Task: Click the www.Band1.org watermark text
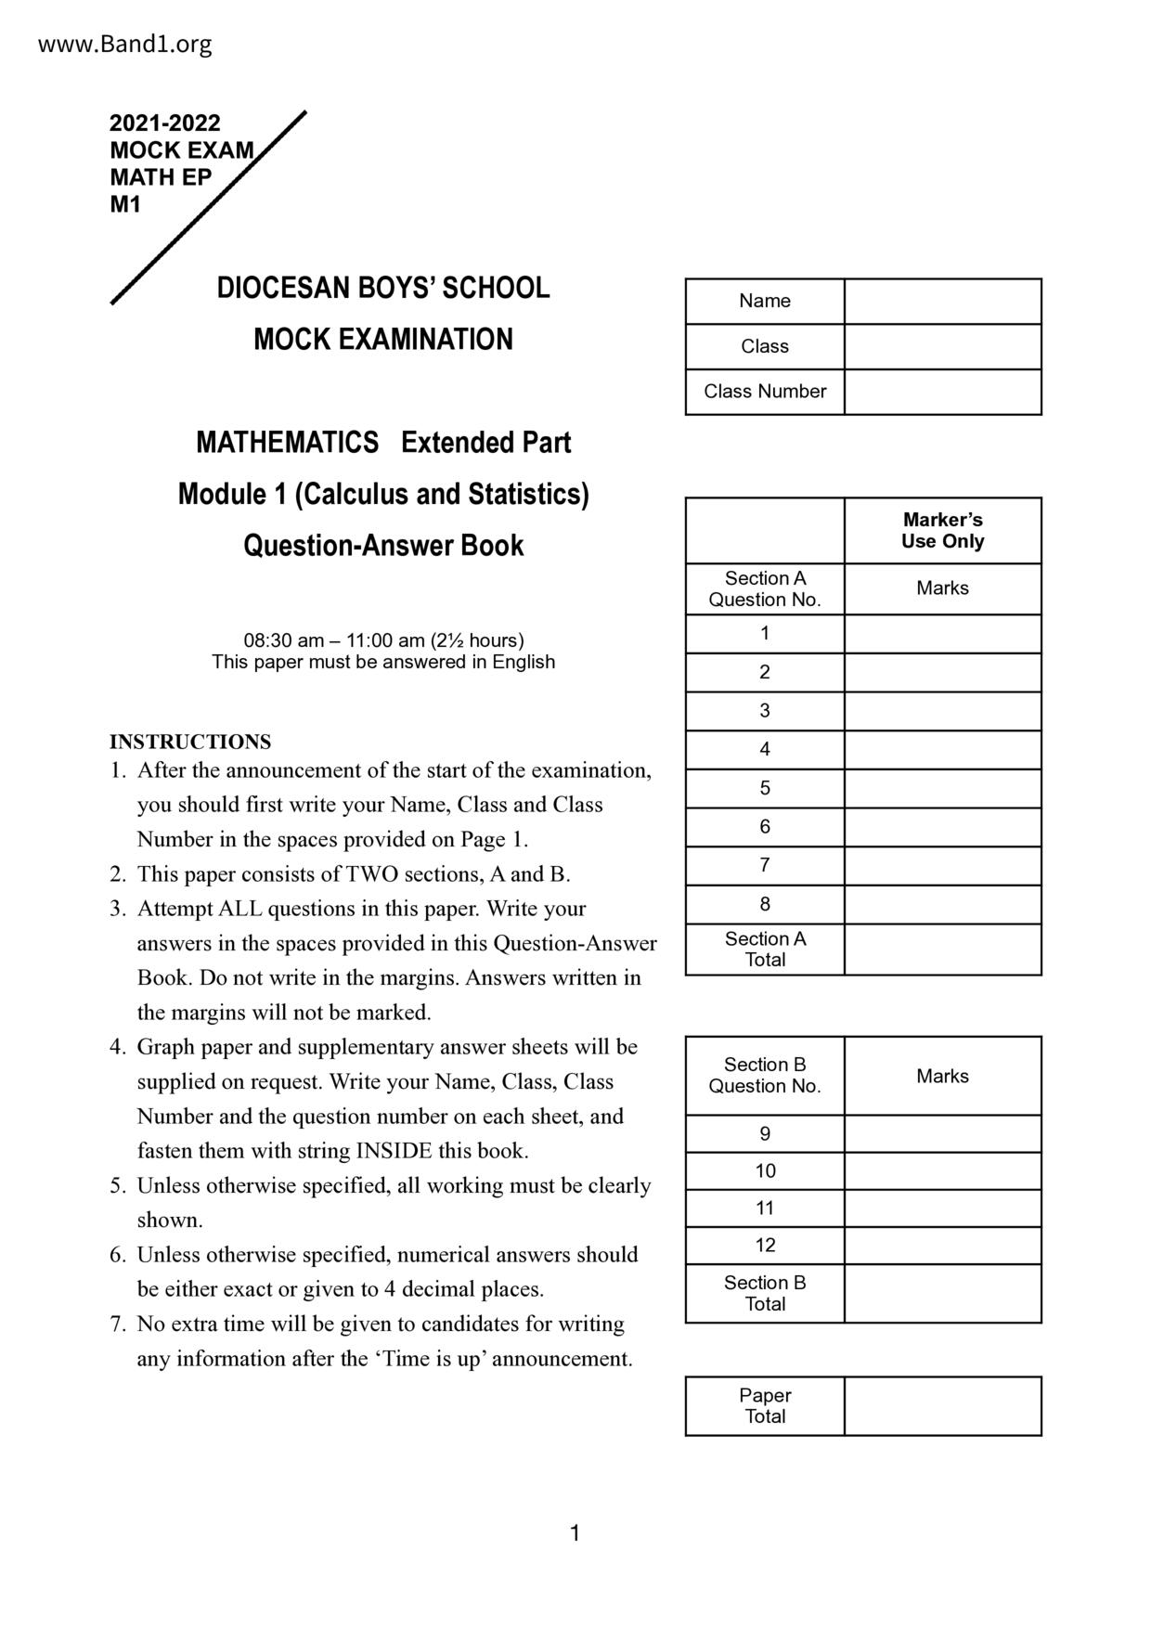124,44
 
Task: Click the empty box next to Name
942,302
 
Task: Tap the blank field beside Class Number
942,392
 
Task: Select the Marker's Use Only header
942,531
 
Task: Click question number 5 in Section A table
765,788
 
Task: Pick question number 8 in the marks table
765,904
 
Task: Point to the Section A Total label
765,950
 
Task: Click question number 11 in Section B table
765,1208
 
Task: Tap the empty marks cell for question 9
942,1134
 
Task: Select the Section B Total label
765,1293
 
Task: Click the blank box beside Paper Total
942,1406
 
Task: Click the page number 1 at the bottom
575,1533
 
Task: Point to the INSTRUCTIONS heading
190,742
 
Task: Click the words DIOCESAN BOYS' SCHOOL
383,288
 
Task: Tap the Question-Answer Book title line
383,546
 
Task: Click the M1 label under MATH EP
125,205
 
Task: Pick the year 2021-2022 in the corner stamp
165,123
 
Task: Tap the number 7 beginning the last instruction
117,1324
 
